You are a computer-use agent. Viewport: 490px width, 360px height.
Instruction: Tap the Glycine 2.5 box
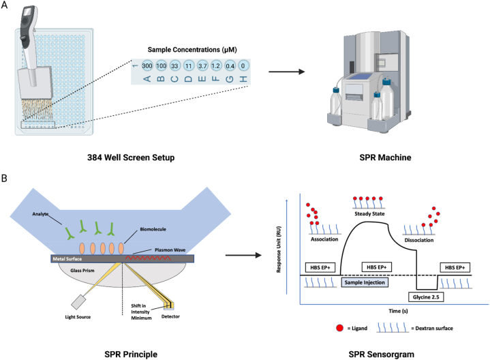427,298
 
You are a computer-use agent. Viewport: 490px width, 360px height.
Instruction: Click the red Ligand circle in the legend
339,328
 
